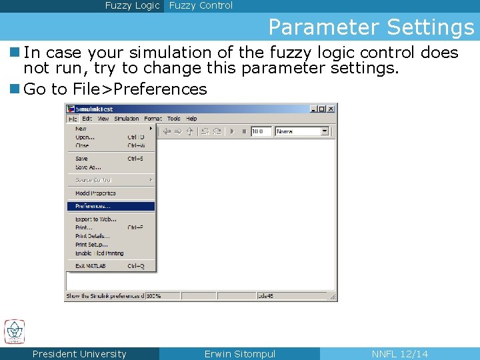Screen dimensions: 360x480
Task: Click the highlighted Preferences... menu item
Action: point(93,206)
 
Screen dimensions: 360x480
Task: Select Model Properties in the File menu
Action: point(95,193)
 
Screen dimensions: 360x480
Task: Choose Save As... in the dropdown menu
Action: point(88,167)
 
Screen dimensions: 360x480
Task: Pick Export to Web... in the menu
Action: point(97,219)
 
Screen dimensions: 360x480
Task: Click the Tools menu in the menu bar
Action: point(173,119)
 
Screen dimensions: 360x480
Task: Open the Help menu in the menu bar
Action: point(191,119)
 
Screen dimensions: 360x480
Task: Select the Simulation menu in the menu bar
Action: point(126,119)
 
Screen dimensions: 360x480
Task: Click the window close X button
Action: point(331,109)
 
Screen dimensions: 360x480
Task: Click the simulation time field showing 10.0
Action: point(261,131)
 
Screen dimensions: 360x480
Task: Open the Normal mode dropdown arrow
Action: point(325,131)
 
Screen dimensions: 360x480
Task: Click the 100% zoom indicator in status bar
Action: point(153,295)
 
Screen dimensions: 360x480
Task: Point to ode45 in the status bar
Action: point(265,295)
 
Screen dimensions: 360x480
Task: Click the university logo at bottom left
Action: point(15,331)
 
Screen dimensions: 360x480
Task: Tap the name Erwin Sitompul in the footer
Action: point(239,354)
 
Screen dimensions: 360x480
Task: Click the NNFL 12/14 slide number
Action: point(399,354)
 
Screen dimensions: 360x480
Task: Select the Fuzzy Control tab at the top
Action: point(201,5)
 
